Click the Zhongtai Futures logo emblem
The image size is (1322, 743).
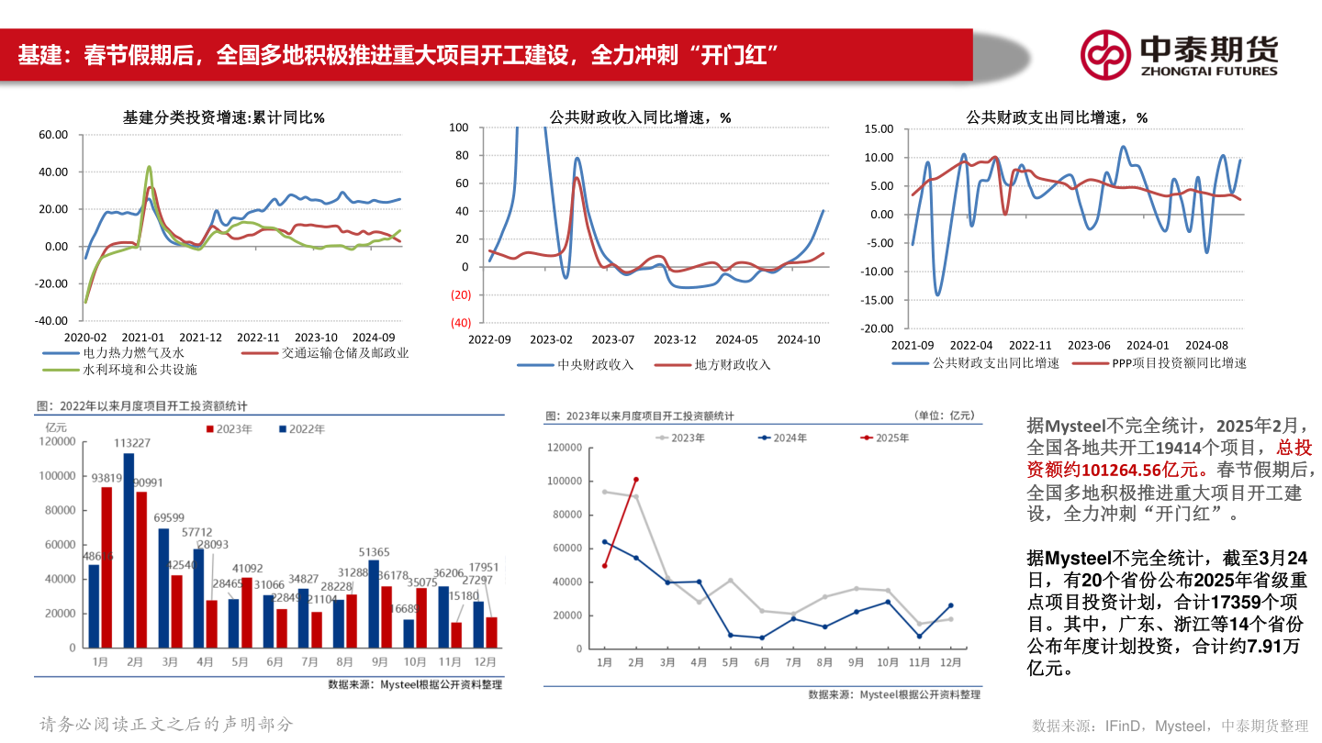pyautogui.click(x=1104, y=54)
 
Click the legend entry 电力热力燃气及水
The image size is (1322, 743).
pyautogui.click(x=134, y=353)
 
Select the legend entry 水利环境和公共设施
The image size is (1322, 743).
pyautogui.click(x=140, y=370)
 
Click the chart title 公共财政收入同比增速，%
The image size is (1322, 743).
pyautogui.click(x=640, y=117)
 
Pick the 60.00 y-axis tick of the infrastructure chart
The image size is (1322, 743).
pyautogui.click(x=53, y=135)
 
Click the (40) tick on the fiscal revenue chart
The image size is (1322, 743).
pyautogui.click(x=460, y=323)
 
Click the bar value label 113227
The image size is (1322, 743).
pyautogui.click(x=132, y=443)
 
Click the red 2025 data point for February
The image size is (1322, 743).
pyautogui.click(x=635, y=480)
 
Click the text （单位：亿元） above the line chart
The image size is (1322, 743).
pyautogui.click(x=945, y=416)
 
